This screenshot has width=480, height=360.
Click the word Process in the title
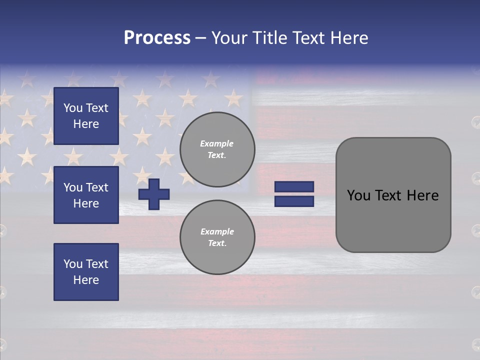tap(157, 38)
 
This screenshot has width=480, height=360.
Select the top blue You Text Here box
tap(86, 116)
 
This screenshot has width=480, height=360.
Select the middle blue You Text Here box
tap(86, 195)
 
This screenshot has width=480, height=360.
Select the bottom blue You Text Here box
tap(86, 272)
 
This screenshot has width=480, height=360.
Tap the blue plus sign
tap(154, 194)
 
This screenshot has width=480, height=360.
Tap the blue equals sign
tap(294, 194)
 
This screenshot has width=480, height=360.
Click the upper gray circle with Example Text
tap(217, 149)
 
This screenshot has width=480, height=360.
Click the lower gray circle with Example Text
tap(217, 237)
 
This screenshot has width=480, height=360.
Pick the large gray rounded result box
tap(393, 195)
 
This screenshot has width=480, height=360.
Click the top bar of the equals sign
tap(294, 187)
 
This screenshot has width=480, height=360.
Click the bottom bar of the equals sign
tap(294, 201)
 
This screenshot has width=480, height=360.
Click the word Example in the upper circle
tap(217, 143)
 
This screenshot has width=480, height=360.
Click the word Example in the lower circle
tap(217, 231)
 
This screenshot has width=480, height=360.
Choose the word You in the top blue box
tap(73, 108)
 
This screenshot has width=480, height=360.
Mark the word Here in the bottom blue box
tap(86, 280)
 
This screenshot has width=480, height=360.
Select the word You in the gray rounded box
tap(358, 195)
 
